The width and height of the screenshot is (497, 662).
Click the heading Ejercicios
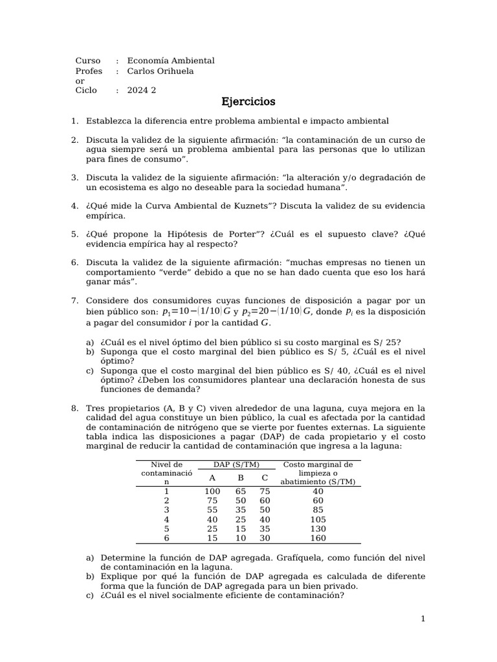[x=248, y=102]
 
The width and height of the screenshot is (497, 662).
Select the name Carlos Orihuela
[x=160, y=71]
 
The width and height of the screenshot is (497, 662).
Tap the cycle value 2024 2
[x=142, y=91]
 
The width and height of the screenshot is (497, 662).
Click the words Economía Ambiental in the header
[x=171, y=61]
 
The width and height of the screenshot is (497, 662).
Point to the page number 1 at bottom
[x=423, y=619]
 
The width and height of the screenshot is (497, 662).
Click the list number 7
[x=75, y=300]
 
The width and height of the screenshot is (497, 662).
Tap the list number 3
[x=75, y=177]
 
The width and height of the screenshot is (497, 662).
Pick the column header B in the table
[x=240, y=478]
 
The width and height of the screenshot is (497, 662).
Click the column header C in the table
[x=265, y=478]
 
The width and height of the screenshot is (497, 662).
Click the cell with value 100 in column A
[x=212, y=491]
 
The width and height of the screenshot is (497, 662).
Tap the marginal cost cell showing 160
[x=318, y=539]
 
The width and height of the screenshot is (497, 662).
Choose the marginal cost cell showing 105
[x=318, y=519]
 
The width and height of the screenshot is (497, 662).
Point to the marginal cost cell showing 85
[x=318, y=510]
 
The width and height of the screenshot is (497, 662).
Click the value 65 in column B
[x=240, y=491]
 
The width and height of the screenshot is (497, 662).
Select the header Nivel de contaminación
[x=167, y=473]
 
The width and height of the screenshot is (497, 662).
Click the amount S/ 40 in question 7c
[x=348, y=370]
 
